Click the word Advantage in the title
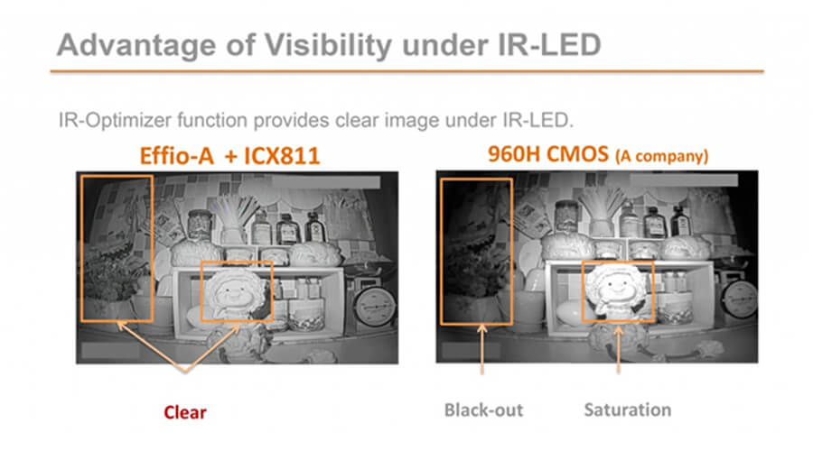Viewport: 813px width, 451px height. coord(135,46)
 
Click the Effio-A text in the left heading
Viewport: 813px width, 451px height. coord(177,156)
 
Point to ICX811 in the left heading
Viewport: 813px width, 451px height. coord(282,156)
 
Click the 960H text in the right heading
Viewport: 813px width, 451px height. coord(515,154)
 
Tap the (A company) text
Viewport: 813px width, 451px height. coord(661,156)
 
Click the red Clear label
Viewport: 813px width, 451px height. coord(185,412)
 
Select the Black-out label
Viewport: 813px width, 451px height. coord(484,410)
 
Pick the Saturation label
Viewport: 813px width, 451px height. coord(628,410)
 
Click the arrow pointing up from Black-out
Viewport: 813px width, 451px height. coord(482,349)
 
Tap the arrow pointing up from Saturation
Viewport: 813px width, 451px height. coord(618,349)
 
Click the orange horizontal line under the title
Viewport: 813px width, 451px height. coord(407,71)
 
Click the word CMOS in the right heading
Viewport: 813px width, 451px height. coord(577,154)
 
